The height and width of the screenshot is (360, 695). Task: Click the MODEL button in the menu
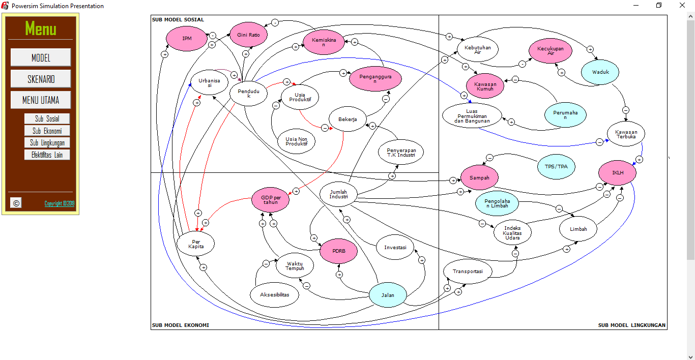tap(41, 57)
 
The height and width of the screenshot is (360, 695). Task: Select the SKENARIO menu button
tap(41, 79)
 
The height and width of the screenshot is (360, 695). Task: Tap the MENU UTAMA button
tap(41, 100)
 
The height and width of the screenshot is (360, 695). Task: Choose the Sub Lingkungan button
tap(47, 143)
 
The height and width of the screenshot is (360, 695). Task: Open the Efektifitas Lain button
tap(47, 155)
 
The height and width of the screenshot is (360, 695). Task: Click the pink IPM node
tap(187, 38)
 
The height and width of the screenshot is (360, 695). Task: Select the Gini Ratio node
tap(248, 35)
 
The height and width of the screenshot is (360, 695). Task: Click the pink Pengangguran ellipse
tap(375, 79)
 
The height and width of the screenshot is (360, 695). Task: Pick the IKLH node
tap(617, 173)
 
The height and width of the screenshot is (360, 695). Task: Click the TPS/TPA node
tap(556, 167)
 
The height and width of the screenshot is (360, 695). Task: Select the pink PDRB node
tap(338, 251)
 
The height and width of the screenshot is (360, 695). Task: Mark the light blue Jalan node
tap(388, 295)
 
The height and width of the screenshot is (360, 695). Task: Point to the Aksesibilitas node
tap(274, 295)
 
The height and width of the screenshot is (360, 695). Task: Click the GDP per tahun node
tap(271, 200)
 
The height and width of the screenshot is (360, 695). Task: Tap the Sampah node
tap(479, 178)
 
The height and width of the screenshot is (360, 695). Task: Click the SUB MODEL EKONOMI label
tap(180, 325)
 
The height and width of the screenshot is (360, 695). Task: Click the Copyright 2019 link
tap(60, 203)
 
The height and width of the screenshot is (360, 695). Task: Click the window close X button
tap(683, 6)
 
